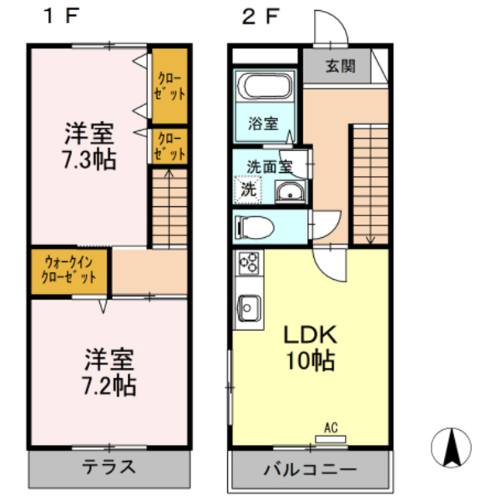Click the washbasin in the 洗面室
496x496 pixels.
291,191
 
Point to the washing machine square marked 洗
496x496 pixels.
248,188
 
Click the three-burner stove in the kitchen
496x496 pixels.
249,264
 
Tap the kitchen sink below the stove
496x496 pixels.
249,308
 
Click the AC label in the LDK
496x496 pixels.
331,428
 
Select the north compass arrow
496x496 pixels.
453,447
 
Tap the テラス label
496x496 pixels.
109,467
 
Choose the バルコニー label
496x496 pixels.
309,470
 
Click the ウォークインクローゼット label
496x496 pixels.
70,270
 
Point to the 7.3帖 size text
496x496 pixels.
89,160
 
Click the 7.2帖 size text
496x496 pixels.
109,385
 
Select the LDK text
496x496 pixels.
308,336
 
